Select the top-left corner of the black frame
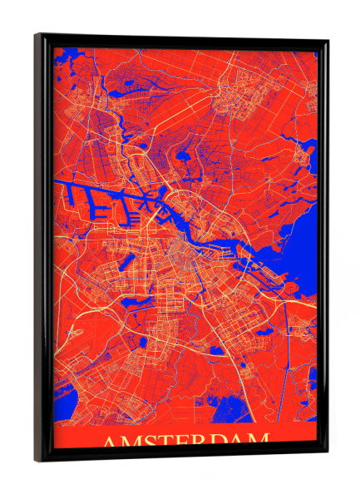37,35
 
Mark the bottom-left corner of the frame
37,460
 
